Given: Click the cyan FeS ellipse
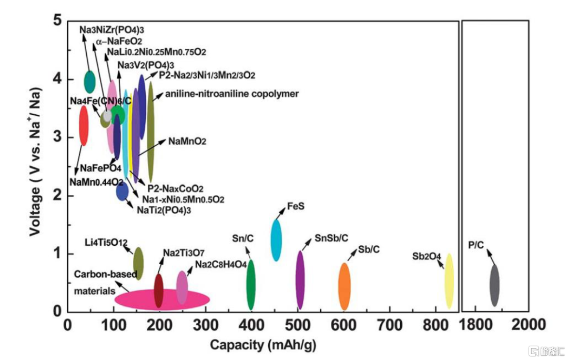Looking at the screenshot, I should click(x=276, y=240).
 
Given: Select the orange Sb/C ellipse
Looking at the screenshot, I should click(x=344, y=286).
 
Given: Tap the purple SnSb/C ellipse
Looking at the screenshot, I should click(x=300, y=280).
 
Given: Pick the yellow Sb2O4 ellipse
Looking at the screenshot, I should click(x=449, y=281).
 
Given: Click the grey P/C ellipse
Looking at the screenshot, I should click(x=494, y=285).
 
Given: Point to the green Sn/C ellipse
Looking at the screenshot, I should click(x=251, y=285).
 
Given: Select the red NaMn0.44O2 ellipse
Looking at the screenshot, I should click(x=83, y=125).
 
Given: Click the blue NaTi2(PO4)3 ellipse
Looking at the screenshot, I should click(x=122, y=192).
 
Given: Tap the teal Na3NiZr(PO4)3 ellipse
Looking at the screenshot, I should click(x=90, y=81).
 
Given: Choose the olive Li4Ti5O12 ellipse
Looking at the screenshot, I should click(x=138, y=263).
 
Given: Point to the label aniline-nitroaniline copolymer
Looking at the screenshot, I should click(x=232, y=94).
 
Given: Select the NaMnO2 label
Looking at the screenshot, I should click(x=187, y=142).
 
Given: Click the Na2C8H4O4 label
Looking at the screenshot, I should click(x=221, y=264).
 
